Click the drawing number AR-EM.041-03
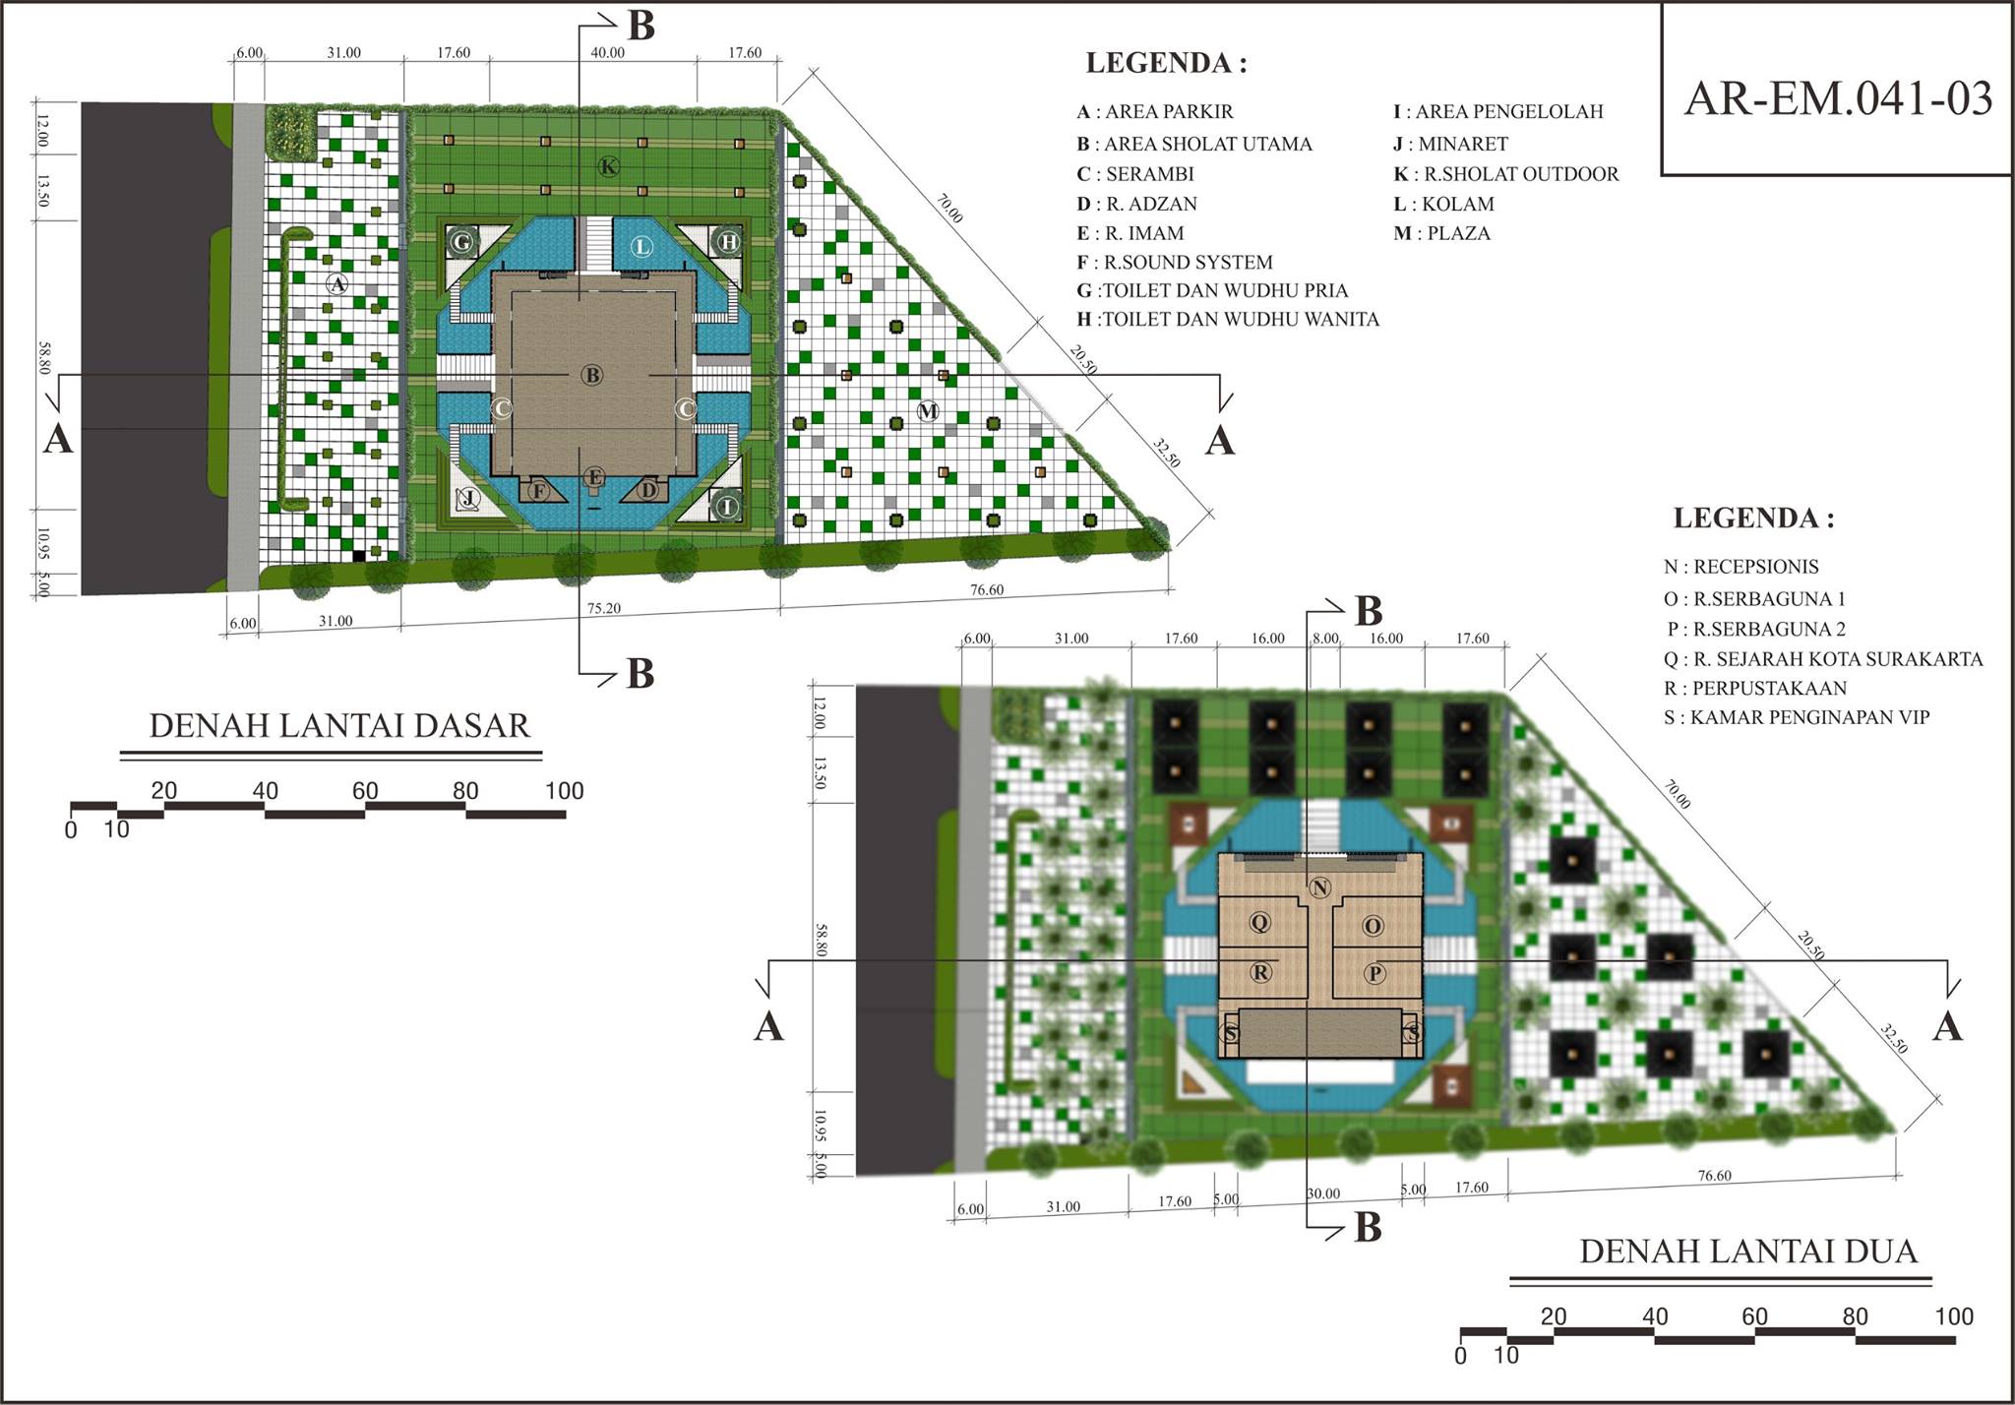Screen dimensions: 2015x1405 point(1838,98)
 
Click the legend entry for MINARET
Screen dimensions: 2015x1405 point(1450,144)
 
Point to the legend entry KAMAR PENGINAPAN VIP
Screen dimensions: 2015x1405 point(1797,717)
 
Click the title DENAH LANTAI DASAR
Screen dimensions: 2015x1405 point(339,725)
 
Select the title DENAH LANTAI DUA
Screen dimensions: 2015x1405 point(1748,1251)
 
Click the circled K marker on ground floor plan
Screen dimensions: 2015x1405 point(609,167)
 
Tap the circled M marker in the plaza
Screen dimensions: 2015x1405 point(928,410)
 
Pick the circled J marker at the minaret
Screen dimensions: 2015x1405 point(468,498)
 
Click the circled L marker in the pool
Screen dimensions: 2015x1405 point(641,246)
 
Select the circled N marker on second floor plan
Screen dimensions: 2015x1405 point(1320,887)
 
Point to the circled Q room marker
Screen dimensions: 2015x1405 point(1259,923)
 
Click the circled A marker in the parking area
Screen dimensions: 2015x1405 point(337,283)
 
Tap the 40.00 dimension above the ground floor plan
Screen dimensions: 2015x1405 point(607,52)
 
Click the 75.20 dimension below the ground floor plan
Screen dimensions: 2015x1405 point(603,608)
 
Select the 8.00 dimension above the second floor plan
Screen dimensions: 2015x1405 point(1325,639)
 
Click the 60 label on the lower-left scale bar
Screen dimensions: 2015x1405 point(365,791)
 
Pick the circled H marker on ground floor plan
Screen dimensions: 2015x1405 point(729,241)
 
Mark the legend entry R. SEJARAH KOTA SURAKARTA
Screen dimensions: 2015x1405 point(1823,659)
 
